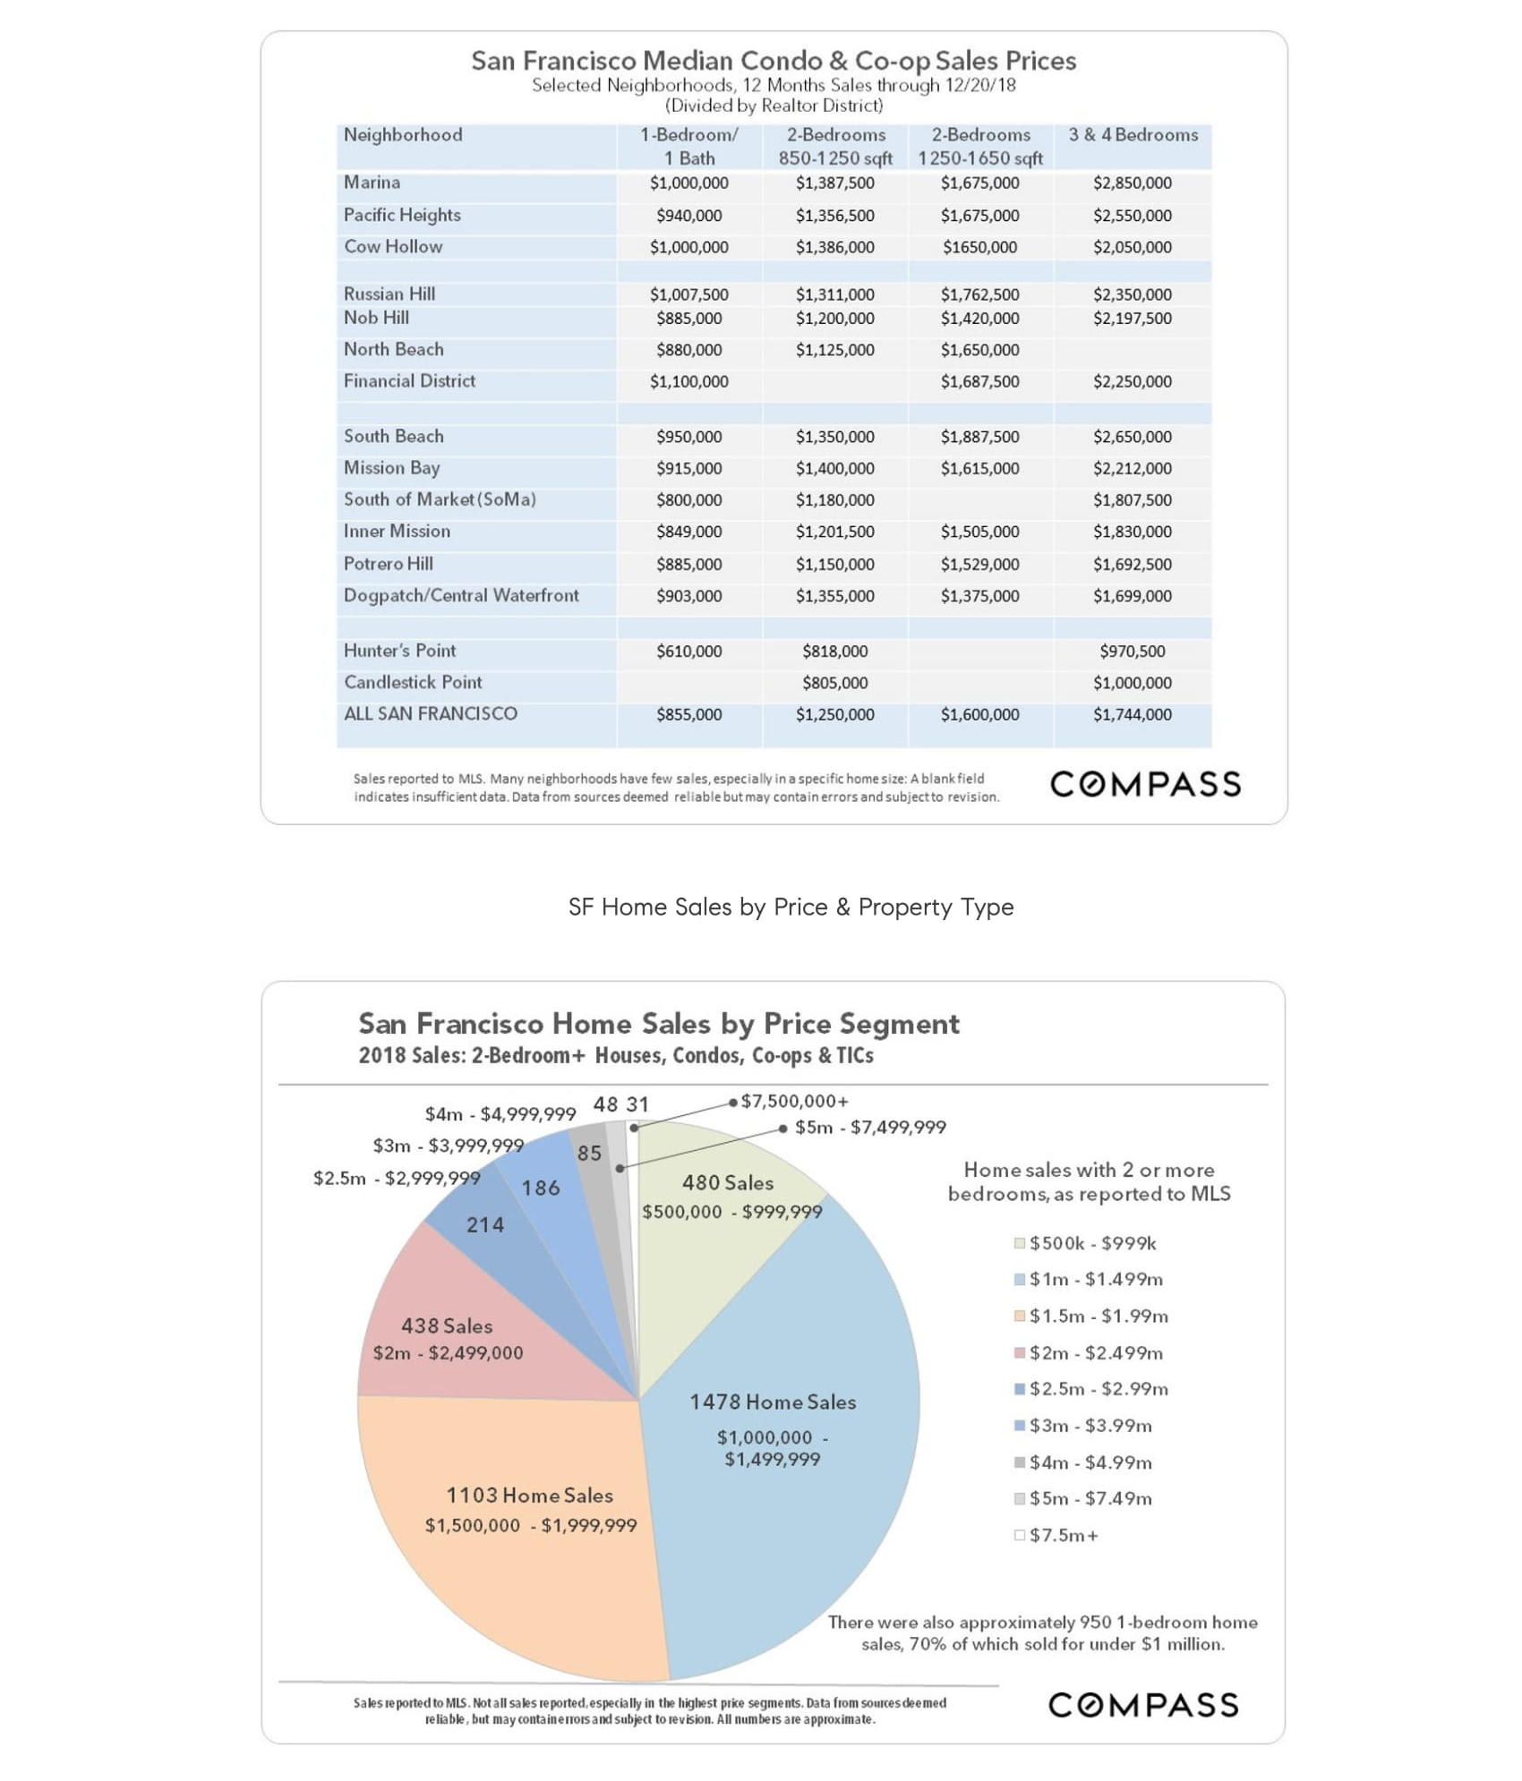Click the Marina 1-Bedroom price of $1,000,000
tap(688, 183)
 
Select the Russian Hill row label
tap(389, 294)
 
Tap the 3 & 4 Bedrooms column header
tap(1133, 135)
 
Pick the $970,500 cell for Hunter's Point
tap(1132, 652)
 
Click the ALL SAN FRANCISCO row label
tap(431, 714)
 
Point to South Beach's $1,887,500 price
tap(979, 437)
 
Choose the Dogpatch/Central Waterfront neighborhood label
tap(461, 596)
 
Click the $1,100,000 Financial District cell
tap(688, 382)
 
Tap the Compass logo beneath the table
tap(1145, 785)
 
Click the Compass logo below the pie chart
tap(1143, 1705)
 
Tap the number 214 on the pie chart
tap(485, 1225)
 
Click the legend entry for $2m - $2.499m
tap(1095, 1353)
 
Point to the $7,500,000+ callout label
tap(794, 1102)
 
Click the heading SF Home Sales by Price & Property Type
tap(791, 908)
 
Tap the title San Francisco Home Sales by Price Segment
tap(659, 1024)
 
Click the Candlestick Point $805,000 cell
tap(834, 684)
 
